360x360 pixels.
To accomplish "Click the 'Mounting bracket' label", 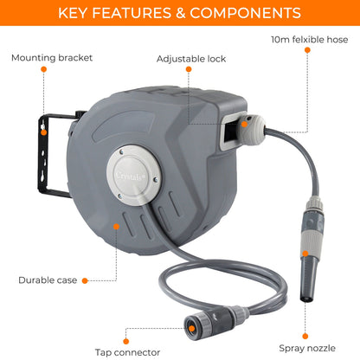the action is [52, 58].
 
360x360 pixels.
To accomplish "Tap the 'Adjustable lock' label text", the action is [191, 59].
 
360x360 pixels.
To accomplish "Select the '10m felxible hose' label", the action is [310, 40].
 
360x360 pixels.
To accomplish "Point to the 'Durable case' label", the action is [48, 280].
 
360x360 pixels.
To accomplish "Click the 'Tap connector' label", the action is [127, 352].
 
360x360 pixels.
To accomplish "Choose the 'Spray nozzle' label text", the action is [307, 348].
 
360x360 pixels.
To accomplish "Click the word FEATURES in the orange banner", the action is [132, 13].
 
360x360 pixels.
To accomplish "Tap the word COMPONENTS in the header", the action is [246, 13].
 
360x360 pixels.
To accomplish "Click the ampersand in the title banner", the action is [180, 13].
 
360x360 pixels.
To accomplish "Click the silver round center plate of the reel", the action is [134, 175].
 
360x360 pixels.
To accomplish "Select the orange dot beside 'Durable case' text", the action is [85, 280].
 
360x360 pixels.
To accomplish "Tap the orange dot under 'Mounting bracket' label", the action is [44, 69].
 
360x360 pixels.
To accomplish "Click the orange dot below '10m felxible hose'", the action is [307, 50].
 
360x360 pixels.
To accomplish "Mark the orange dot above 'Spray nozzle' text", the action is [305, 336].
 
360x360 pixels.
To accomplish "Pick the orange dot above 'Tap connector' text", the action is [126, 342].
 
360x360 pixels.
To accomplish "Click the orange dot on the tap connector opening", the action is [191, 328].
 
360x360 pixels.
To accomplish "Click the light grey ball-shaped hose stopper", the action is [252, 130].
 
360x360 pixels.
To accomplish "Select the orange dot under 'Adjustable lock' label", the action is [189, 69].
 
